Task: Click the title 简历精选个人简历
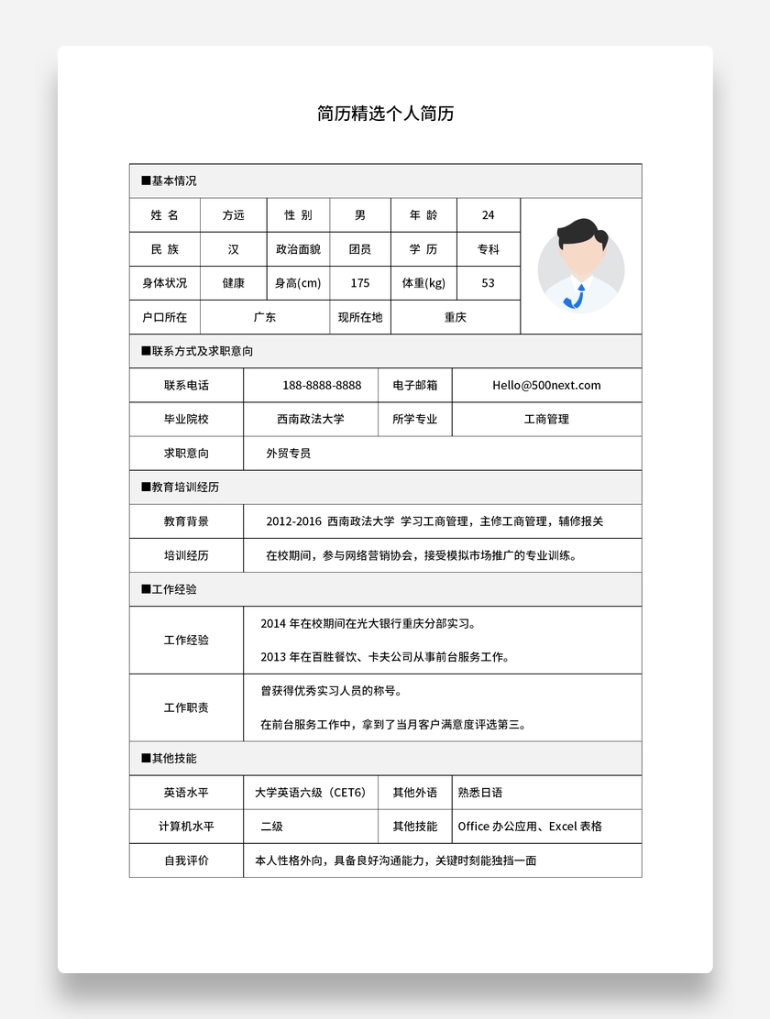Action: pyautogui.click(x=385, y=114)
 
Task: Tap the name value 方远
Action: pyautogui.click(x=234, y=215)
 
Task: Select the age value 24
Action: pyautogui.click(x=488, y=215)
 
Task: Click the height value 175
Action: pyautogui.click(x=360, y=283)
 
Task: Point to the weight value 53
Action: pyautogui.click(x=488, y=283)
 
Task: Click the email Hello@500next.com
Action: pyautogui.click(x=546, y=385)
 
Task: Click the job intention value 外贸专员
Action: pyautogui.click(x=288, y=453)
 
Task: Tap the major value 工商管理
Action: pyautogui.click(x=546, y=419)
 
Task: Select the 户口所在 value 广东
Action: pyautogui.click(x=265, y=317)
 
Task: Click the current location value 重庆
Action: pyautogui.click(x=456, y=317)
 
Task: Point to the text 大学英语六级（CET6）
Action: pyautogui.click(x=310, y=792)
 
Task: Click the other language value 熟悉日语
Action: pyautogui.click(x=480, y=792)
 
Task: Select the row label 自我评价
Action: pyautogui.click(x=186, y=860)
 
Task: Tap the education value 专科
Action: pyautogui.click(x=488, y=249)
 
